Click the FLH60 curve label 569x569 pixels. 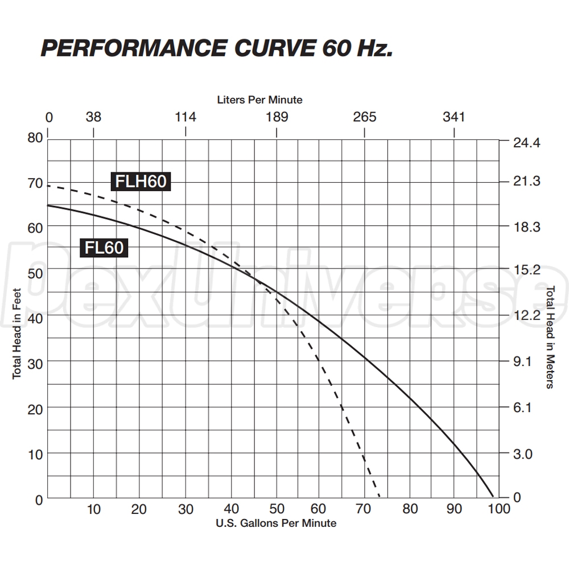coord(141,182)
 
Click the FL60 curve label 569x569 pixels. coord(104,248)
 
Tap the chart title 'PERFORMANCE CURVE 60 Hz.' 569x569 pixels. coord(217,49)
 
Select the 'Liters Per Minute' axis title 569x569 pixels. coord(259,100)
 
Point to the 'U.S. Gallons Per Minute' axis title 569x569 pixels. coord(276,523)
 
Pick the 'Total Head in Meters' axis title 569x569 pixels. coord(550,337)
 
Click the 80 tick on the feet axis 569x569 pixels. coord(35,138)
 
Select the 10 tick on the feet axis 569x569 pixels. coord(35,454)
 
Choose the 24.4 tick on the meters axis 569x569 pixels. coord(525,142)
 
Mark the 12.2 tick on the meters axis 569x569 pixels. coord(525,315)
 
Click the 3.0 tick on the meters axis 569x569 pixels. coord(525,454)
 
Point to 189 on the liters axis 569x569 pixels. coord(277,117)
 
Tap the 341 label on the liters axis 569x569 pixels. coord(453,117)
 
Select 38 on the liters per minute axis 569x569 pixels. coord(93,117)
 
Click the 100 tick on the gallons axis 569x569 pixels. coord(499,509)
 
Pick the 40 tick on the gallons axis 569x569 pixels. coord(231,509)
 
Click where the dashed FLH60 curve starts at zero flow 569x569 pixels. coord(48,185)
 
